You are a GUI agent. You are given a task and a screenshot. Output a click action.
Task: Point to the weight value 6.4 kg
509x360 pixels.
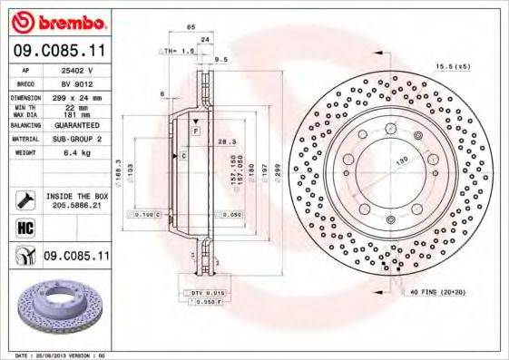[x=73, y=155]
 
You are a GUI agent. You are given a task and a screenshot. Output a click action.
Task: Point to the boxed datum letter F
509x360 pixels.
[x=194, y=132]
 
